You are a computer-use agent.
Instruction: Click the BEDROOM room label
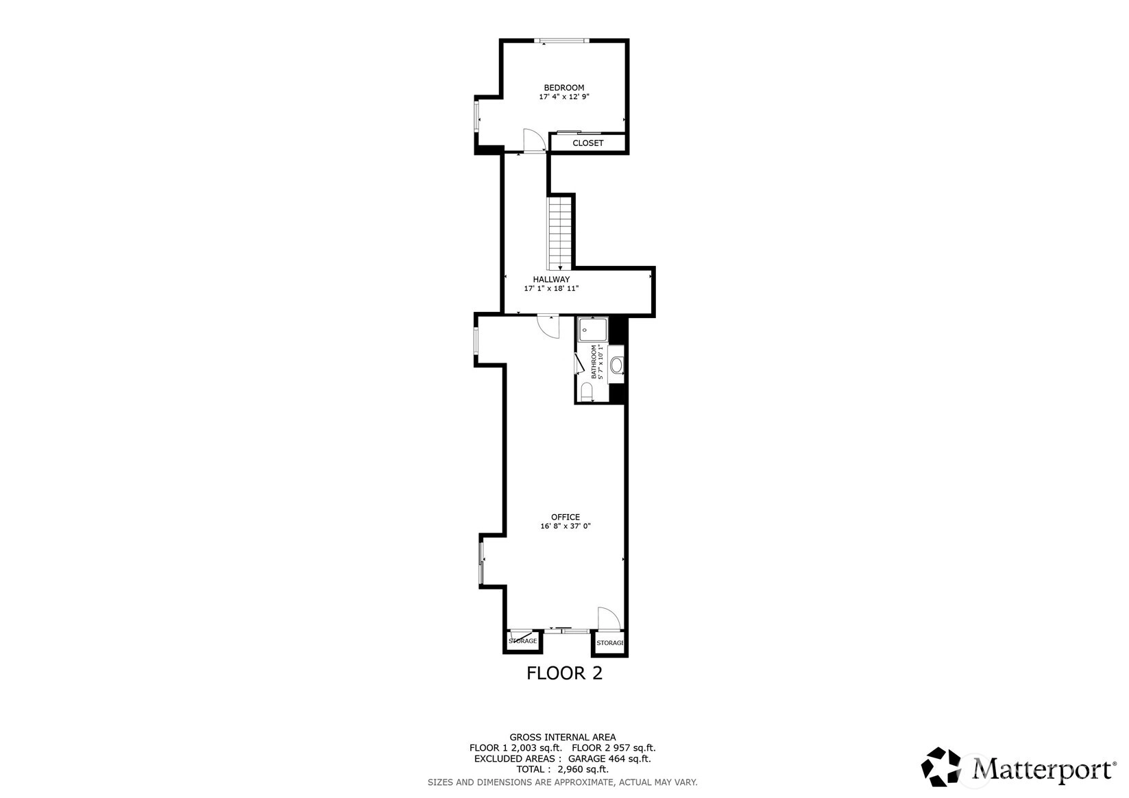[x=564, y=88]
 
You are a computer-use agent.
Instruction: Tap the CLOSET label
[x=587, y=143]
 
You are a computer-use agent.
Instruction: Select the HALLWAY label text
[x=551, y=279]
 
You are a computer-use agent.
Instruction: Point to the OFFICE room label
[x=566, y=517]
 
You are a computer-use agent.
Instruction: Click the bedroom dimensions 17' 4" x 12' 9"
[x=564, y=97]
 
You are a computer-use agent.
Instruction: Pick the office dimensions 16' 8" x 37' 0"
[x=566, y=527]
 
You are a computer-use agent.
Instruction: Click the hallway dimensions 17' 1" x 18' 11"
[x=551, y=289]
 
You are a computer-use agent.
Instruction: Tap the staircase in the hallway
[x=559, y=233]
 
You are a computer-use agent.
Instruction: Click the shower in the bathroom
[x=593, y=330]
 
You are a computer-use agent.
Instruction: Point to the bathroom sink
[x=616, y=365]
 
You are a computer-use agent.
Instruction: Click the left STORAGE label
[x=522, y=641]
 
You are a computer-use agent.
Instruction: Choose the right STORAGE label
[x=610, y=643]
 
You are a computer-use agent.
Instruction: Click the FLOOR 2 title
[x=565, y=673]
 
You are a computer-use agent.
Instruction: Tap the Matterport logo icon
[x=941, y=766]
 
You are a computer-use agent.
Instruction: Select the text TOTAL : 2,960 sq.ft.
[x=563, y=769]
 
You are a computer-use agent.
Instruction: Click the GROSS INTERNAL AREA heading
[x=563, y=737]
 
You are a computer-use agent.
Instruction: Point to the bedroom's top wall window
[x=561, y=41]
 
